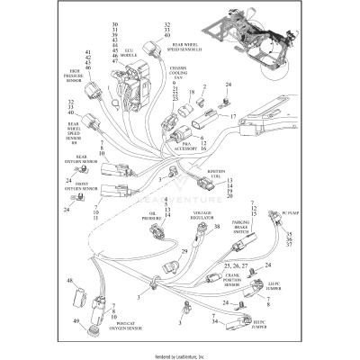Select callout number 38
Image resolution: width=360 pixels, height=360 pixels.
click(x=217, y=228)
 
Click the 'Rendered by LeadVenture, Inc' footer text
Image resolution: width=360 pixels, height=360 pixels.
click(x=180, y=355)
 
